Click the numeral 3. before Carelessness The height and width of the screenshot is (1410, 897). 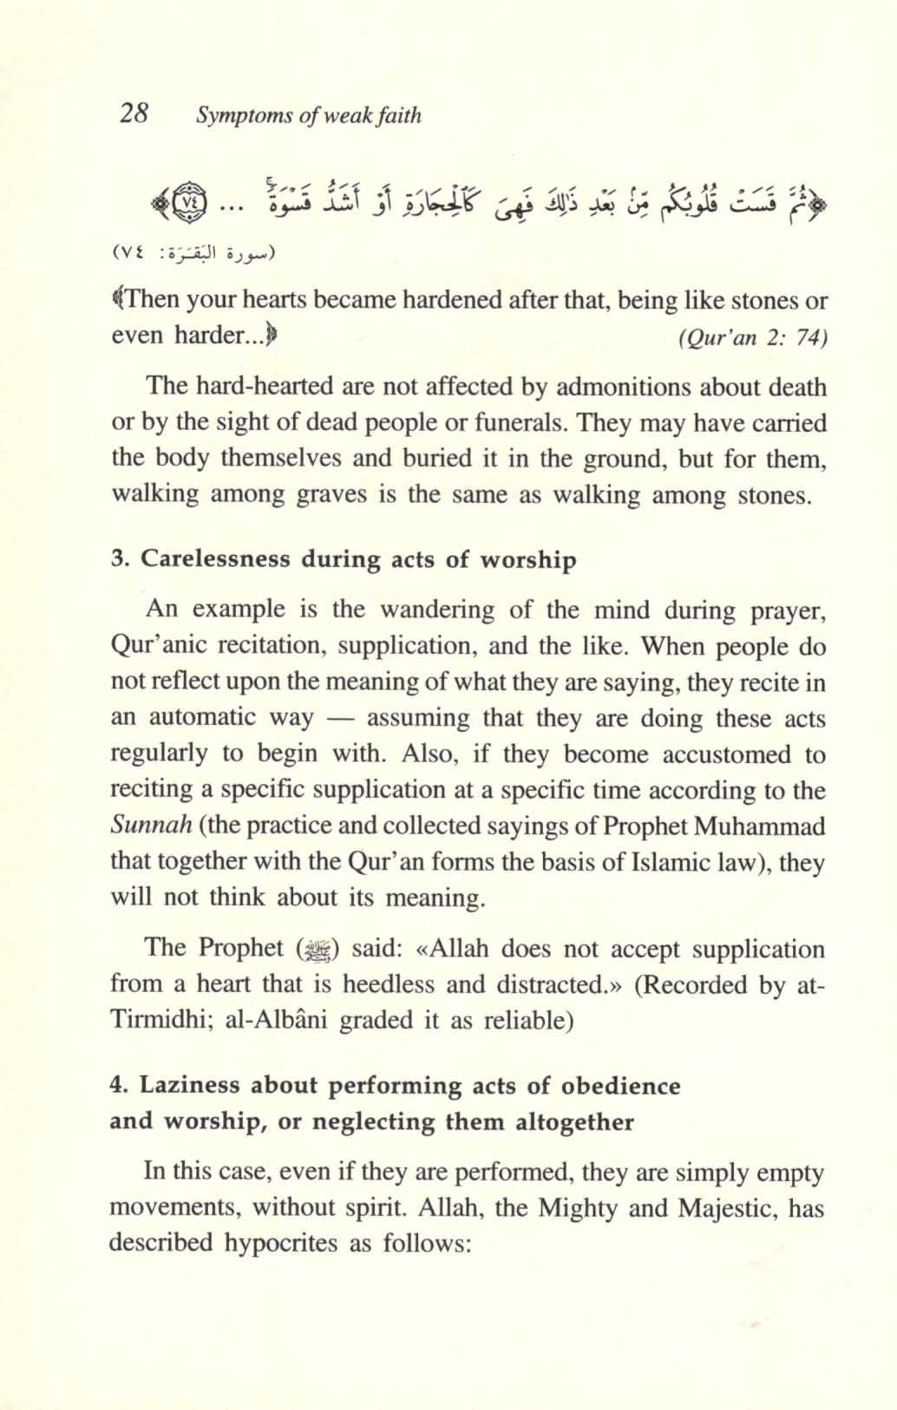click(120, 559)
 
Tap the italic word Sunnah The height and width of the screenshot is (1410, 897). click(151, 825)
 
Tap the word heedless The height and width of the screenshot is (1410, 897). click(390, 984)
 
